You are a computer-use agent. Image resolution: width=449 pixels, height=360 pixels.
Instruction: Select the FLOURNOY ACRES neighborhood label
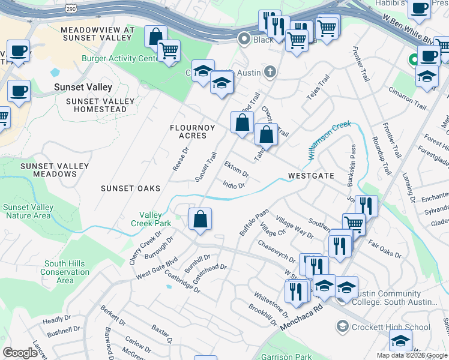point(188,131)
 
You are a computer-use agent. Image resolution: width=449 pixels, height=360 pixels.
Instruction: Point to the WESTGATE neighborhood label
point(310,176)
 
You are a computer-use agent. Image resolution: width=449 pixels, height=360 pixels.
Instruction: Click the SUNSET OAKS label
point(130,188)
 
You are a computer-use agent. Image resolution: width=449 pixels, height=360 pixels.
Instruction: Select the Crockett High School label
point(391,327)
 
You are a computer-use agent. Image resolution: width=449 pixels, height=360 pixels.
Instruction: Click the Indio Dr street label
point(234,185)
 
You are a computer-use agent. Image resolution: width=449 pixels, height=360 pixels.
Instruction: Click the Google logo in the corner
point(20,353)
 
